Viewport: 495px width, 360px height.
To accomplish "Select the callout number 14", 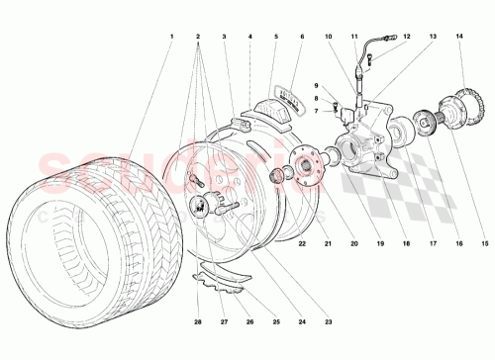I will [458, 37].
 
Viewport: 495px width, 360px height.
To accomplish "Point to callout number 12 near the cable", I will [406, 37].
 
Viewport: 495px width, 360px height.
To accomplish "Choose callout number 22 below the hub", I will [302, 243].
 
